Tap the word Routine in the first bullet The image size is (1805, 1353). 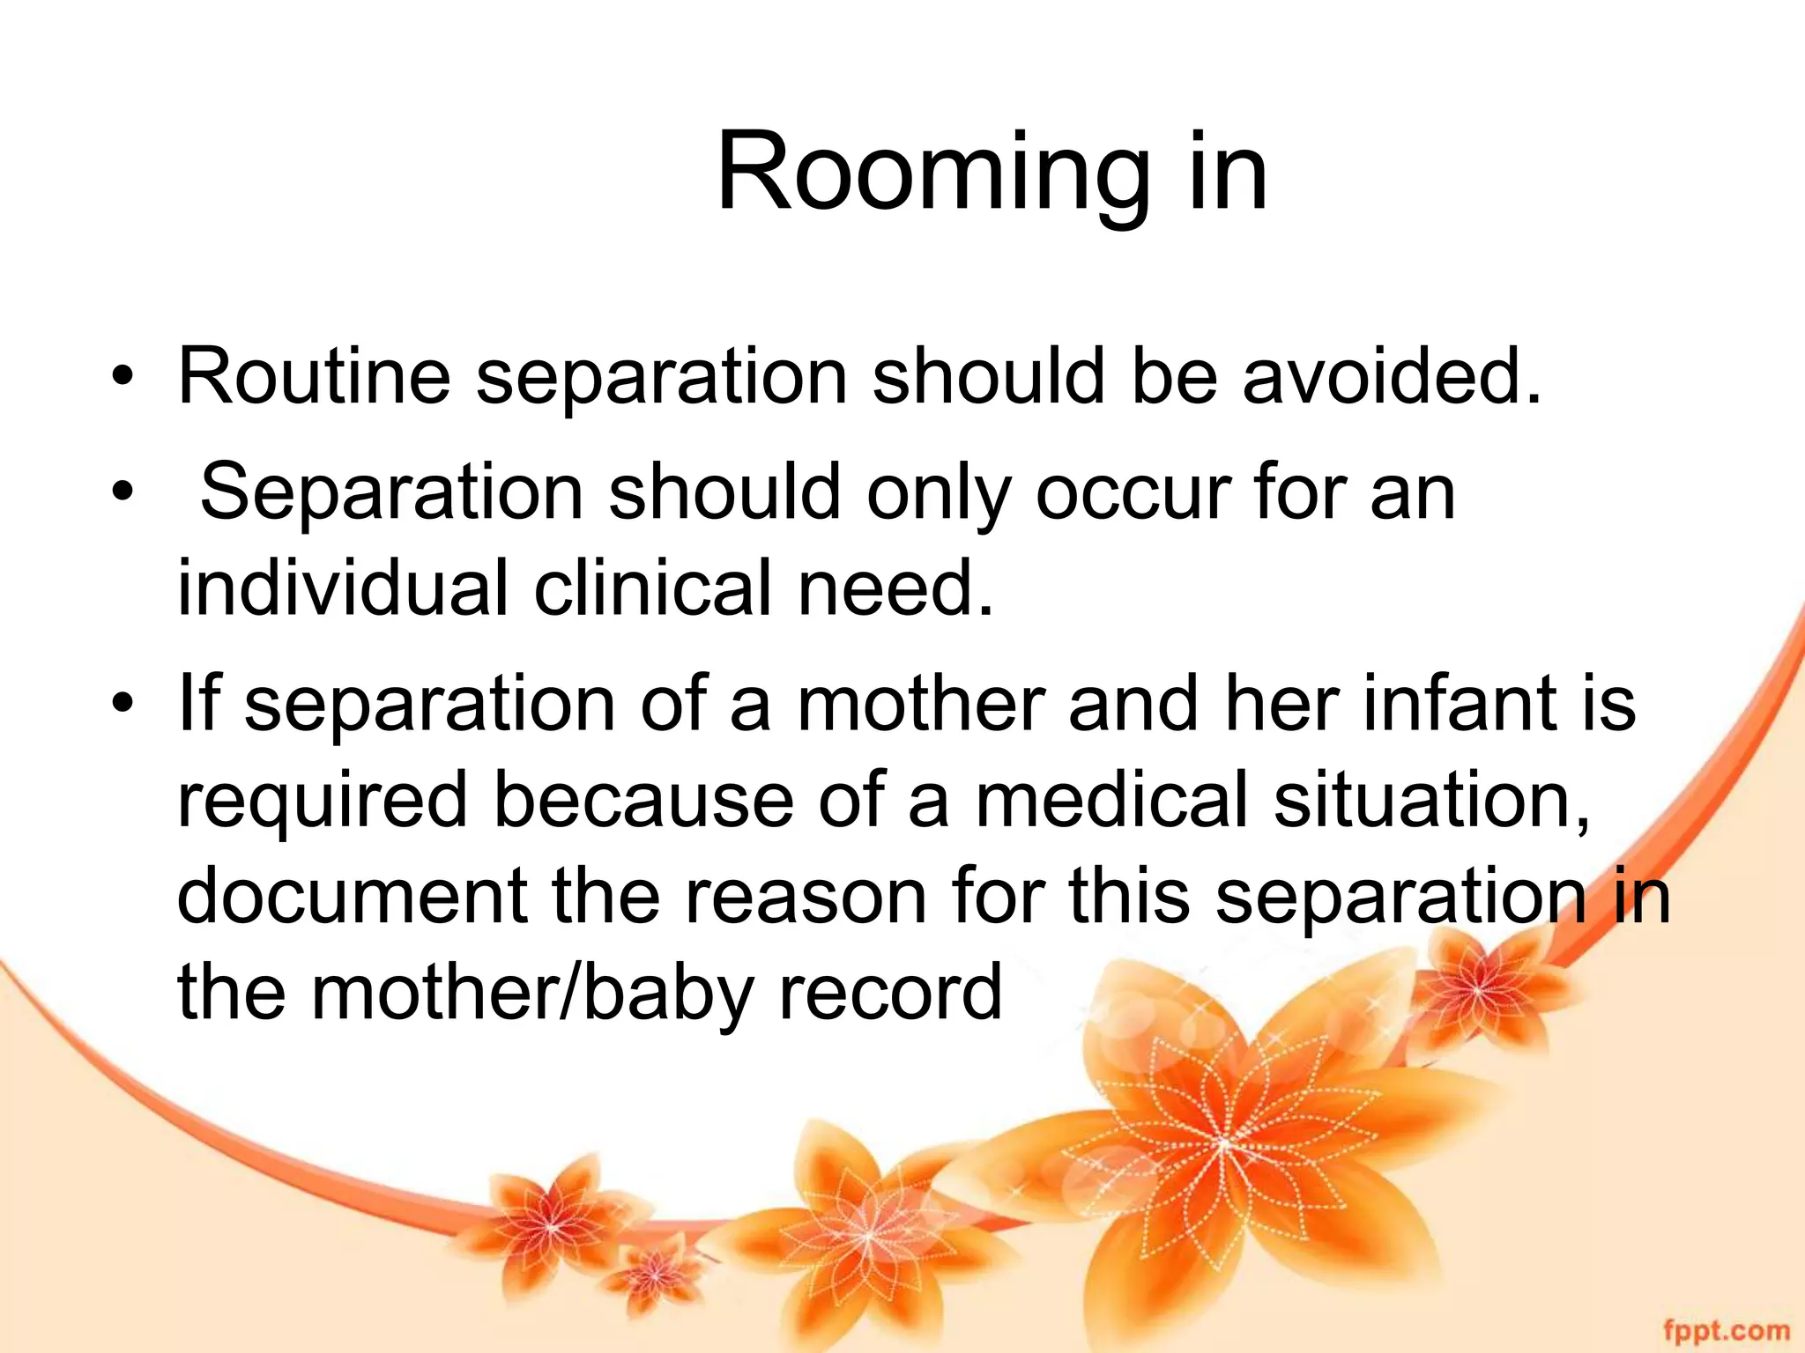point(314,377)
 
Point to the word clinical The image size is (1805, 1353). point(653,588)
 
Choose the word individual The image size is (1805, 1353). point(343,588)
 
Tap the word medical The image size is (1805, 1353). point(1111,801)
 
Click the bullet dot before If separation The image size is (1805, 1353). point(123,706)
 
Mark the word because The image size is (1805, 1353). point(643,801)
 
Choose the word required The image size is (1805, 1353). point(322,801)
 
